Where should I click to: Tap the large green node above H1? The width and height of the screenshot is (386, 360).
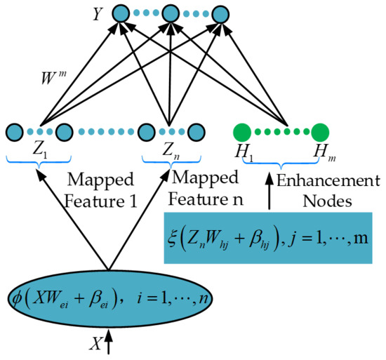(x=242, y=131)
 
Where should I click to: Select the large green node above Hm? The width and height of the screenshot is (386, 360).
(x=320, y=131)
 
